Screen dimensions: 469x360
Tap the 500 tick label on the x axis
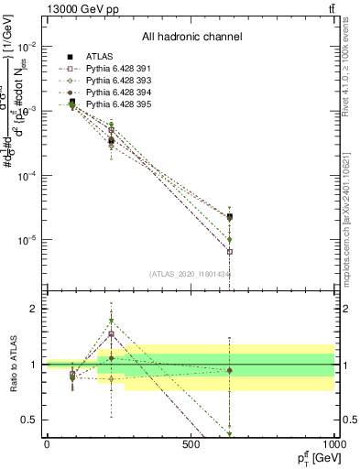[190, 443]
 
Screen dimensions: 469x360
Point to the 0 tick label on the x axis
[47, 443]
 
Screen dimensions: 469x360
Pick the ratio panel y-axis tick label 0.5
[30, 420]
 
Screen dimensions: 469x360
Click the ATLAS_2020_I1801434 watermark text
[191, 274]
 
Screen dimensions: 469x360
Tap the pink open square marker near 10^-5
[229, 251]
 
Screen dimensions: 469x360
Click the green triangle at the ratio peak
[112, 322]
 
